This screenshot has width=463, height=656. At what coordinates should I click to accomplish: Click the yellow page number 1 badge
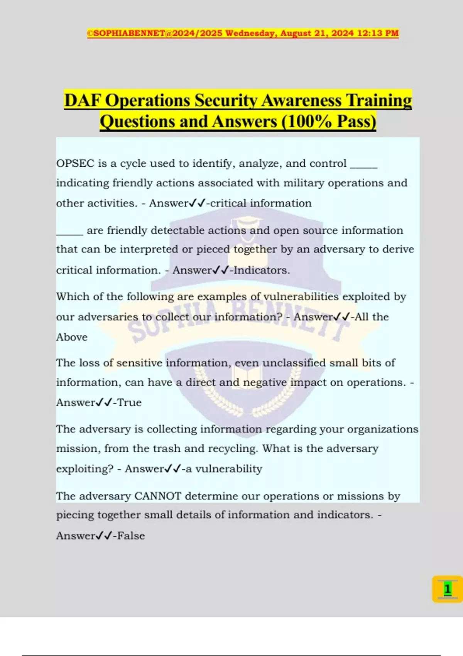point(447,589)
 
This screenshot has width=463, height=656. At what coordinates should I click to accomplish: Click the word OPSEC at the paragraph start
point(75,164)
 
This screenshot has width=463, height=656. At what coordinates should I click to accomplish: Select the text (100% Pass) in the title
point(329,122)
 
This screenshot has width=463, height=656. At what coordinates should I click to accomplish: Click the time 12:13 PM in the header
point(378,33)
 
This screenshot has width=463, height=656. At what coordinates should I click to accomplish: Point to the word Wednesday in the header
point(250,33)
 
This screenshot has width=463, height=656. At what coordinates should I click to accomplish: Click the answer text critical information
point(261,203)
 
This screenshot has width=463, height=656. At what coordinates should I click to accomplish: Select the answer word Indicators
point(262,270)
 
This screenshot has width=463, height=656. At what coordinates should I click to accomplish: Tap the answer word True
point(129,402)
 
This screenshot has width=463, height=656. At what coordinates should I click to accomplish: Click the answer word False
point(131,536)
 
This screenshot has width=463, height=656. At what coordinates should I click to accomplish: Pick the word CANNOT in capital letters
point(157,496)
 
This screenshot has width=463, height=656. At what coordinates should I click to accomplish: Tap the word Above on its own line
point(72,337)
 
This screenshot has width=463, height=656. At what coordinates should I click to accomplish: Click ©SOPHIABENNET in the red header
point(126,33)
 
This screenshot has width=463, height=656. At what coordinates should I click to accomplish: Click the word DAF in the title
point(82,100)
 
